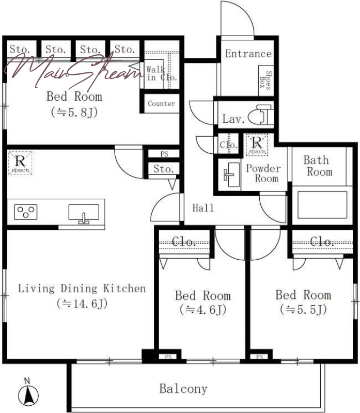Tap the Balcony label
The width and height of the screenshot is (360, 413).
(183, 389)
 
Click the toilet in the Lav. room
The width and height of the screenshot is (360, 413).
(260, 115)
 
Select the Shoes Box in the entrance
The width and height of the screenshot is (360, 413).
(266, 81)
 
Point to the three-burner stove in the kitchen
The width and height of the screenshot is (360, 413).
(26, 212)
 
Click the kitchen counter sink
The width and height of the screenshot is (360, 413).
(84, 214)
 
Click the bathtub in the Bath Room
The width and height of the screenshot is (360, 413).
(322, 205)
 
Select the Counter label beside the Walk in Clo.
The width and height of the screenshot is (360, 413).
(161, 104)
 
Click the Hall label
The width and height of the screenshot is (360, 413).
(203, 208)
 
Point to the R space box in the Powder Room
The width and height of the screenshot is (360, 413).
(257, 145)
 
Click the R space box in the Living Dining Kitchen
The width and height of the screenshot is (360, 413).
(20, 163)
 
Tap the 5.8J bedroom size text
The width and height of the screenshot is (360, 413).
(74, 112)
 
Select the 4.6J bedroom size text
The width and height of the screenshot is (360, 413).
(203, 309)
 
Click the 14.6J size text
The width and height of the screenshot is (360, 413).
(82, 304)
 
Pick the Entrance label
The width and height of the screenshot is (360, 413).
(248, 54)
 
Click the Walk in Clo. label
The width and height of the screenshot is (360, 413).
(161, 73)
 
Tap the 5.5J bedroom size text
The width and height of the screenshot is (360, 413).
(303, 309)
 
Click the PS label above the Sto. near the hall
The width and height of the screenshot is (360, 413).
(164, 154)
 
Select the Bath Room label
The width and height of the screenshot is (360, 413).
(318, 166)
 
